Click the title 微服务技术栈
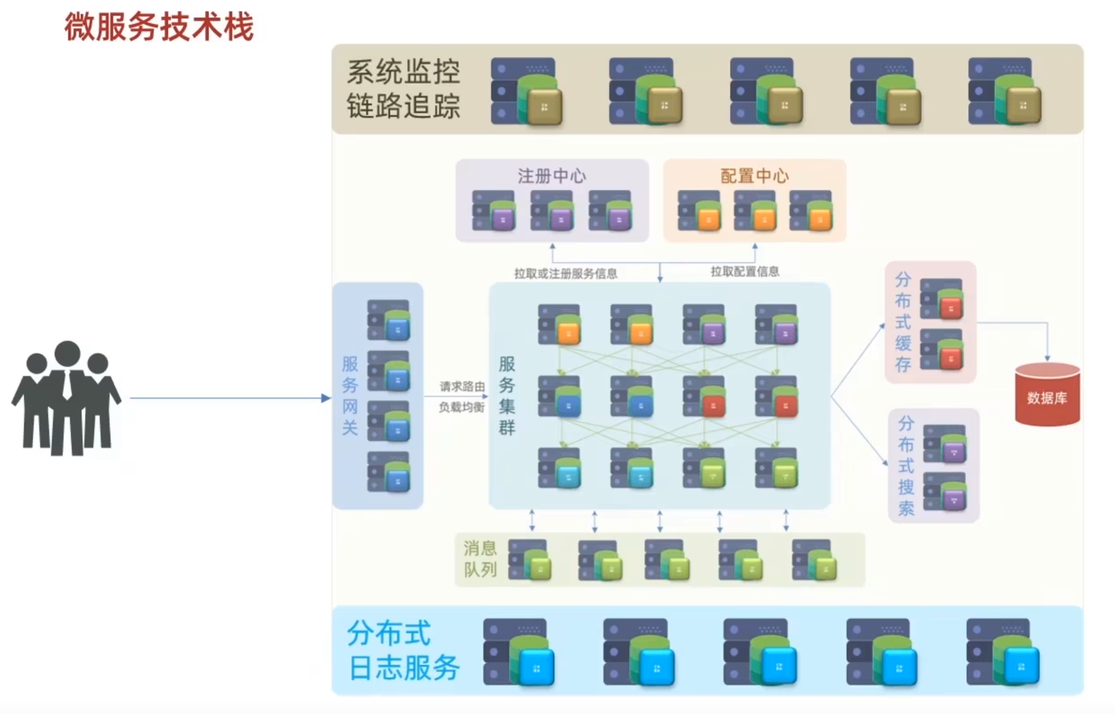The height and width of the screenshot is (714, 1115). point(159,27)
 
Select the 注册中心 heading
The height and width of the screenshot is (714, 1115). point(551,176)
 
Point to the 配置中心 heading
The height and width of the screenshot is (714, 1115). point(754,176)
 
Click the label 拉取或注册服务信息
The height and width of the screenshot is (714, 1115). point(566,274)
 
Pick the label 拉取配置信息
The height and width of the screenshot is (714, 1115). point(745,272)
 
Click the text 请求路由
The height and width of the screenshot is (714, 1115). point(462,386)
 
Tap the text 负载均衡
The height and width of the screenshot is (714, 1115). point(461,407)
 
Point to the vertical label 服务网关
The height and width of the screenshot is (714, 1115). point(350,395)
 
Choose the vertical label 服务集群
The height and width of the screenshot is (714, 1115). point(507,395)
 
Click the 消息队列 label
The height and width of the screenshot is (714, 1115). point(480,559)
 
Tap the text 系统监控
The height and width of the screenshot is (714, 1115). point(403,72)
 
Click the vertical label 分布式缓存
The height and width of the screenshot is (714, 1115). point(903,322)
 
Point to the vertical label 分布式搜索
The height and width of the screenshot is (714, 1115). point(906,465)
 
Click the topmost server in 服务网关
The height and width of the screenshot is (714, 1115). point(389,320)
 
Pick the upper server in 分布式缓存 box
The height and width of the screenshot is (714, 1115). point(941,299)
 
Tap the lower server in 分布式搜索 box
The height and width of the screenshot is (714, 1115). point(945,491)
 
